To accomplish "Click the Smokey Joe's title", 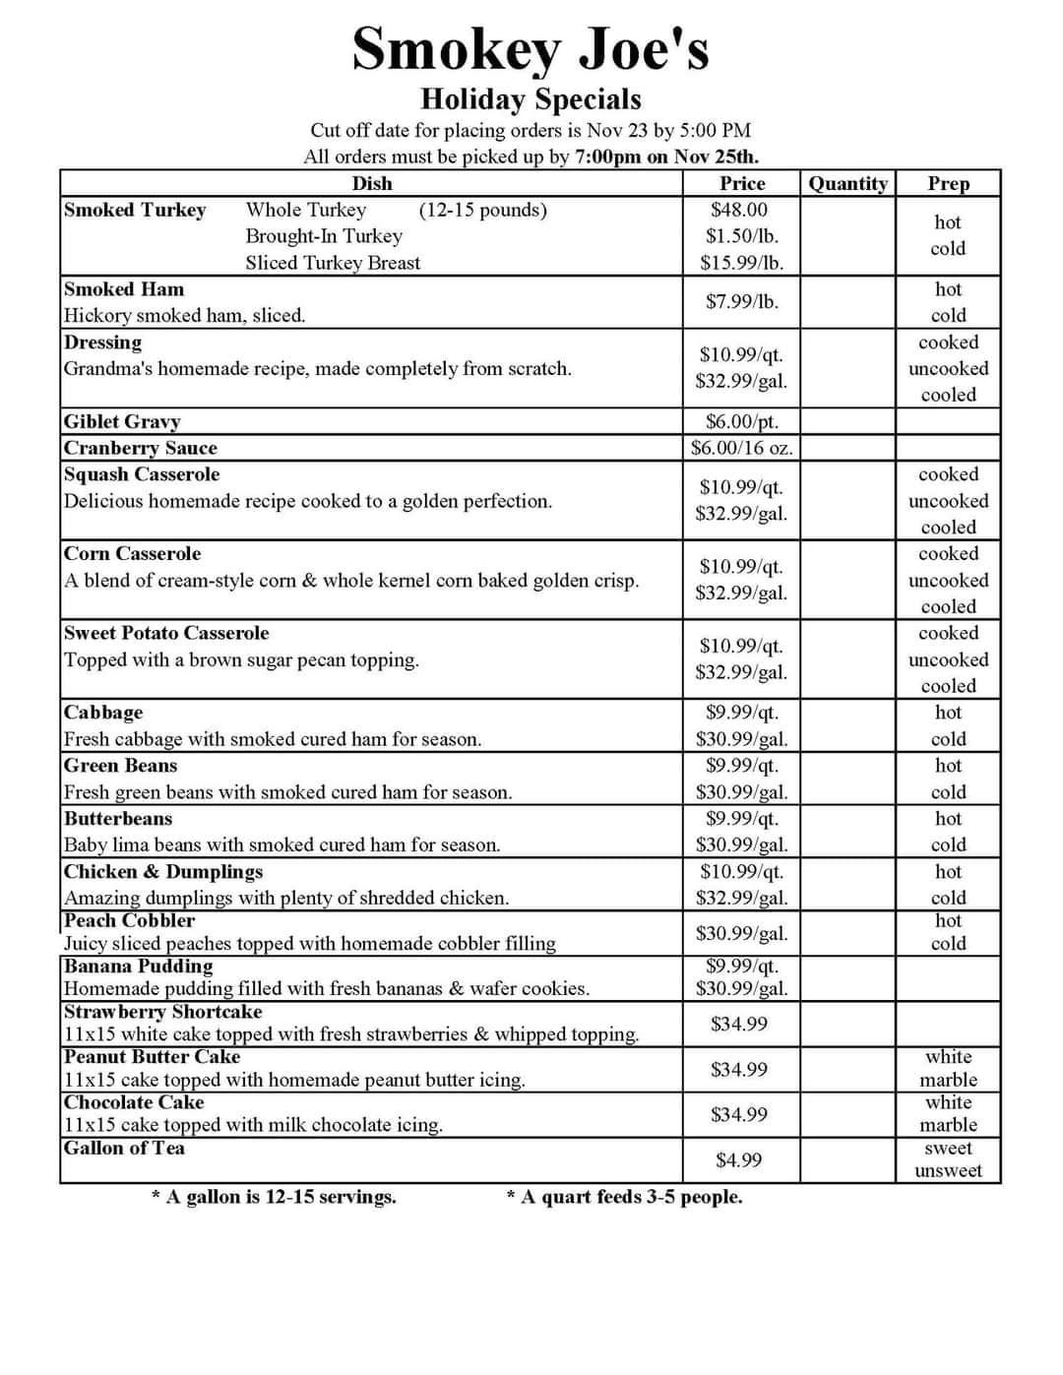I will tap(531, 48).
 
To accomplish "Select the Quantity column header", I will tap(847, 184).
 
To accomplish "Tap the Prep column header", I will tap(948, 184).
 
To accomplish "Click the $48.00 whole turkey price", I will tap(739, 210).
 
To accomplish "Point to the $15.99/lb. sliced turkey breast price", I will tap(741, 263).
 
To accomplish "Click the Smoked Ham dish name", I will tap(124, 289).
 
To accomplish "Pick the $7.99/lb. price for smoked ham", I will tap(741, 301).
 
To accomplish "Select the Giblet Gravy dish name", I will tap(122, 421).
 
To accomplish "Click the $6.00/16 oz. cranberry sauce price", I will tap(741, 448).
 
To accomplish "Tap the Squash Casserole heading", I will tap(142, 474).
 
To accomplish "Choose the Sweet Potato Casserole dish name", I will tap(166, 633).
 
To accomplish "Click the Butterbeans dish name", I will tap(118, 819).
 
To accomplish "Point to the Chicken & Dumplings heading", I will tap(163, 872).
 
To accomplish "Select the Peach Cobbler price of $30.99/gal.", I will tap(741, 933).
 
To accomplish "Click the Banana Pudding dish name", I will tap(138, 966).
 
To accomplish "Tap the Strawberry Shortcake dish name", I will tap(163, 1012).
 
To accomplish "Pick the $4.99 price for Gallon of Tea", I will tap(738, 1160).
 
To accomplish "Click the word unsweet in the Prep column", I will tap(948, 1170).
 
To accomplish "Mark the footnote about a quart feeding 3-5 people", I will tap(624, 1197).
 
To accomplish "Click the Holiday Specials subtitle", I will tap(531, 99).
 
